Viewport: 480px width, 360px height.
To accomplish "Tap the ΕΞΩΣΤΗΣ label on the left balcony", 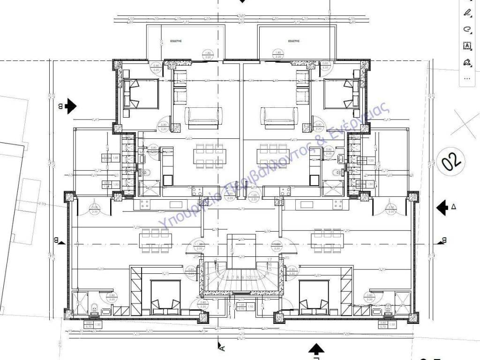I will coord(176,41).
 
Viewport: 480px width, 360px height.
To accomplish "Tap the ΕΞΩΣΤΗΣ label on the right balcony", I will coord(294,41).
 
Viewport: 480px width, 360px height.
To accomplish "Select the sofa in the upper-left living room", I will coord(202,118).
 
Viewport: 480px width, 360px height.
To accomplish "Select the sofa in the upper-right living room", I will coord(280,118).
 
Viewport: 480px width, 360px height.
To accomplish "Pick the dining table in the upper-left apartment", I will coord(207,156).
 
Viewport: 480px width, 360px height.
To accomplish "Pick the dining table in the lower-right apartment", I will coord(327,239).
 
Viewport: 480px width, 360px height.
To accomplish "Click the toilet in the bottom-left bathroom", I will coord(94,308).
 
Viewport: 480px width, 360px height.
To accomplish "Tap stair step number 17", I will coord(270,259).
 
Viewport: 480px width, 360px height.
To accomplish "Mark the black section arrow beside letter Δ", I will coord(442,207).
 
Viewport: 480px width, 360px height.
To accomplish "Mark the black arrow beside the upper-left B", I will coord(70,106).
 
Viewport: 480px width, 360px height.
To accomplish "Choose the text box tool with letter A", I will coord(467,45).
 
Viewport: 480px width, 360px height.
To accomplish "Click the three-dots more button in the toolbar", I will coord(467,78).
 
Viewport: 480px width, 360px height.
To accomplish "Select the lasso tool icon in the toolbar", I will coord(467,29).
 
